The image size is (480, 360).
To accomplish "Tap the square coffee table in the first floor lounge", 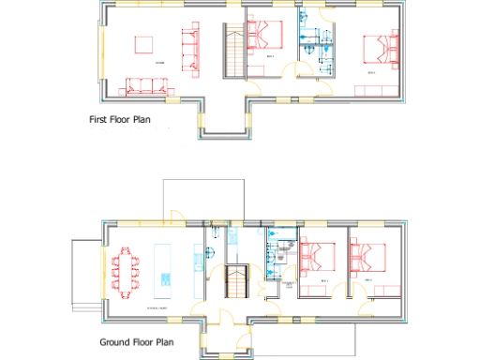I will point(145,46).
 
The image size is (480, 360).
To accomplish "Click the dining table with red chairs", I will point(126,270).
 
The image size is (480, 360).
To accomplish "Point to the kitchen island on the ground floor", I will point(165,266).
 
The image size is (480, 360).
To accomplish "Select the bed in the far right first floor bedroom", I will point(378,48).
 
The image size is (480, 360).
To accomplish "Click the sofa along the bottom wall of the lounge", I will point(145,87).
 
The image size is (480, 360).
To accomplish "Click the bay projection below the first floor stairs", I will point(224,117).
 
